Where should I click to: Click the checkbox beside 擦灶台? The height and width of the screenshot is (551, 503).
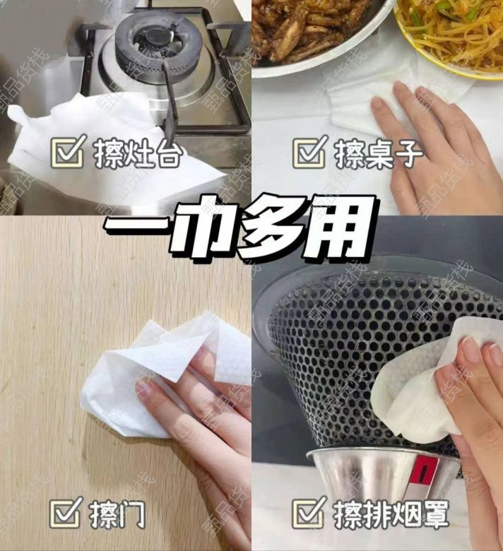[x=67, y=152]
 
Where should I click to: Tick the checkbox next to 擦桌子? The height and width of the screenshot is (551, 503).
[x=309, y=153]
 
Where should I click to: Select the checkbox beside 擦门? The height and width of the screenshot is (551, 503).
[x=66, y=512]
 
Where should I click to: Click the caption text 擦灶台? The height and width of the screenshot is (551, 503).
[x=138, y=153]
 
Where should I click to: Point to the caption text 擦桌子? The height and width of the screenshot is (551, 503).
[x=379, y=154]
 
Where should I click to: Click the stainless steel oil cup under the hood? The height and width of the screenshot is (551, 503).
[x=383, y=481]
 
